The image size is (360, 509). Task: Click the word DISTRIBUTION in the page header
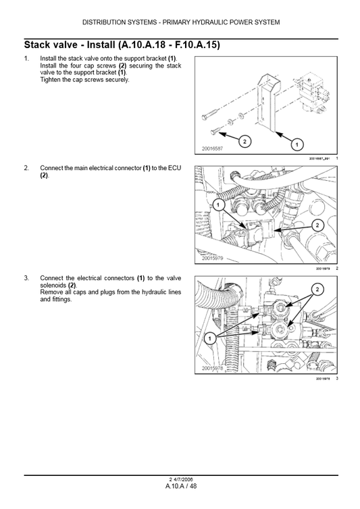(108, 22)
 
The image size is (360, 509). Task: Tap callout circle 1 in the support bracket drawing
(296, 144)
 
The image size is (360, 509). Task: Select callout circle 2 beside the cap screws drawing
(245, 141)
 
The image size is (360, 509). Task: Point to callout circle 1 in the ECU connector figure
(219, 204)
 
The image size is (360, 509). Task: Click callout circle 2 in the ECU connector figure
(318, 225)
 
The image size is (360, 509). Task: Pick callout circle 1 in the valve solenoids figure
(211, 337)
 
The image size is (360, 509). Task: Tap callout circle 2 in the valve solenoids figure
(315, 290)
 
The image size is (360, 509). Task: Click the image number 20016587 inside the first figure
(213, 149)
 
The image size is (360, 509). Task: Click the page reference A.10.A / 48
(180, 486)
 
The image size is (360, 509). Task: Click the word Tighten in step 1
(52, 80)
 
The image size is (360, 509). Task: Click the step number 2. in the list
(26, 167)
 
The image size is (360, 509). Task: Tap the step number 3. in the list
(26, 277)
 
